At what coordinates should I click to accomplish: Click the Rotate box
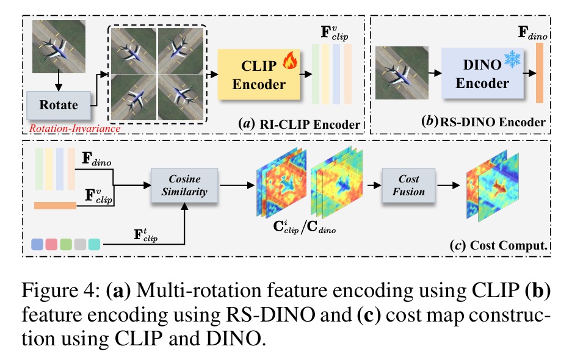pyautogui.click(x=59, y=104)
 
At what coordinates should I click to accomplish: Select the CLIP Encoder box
pyautogui.click(x=259, y=74)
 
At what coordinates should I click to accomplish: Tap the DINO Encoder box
pyautogui.click(x=482, y=74)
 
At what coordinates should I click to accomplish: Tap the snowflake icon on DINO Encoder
pyautogui.click(x=512, y=61)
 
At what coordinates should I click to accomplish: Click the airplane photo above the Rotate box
pyautogui.click(x=59, y=45)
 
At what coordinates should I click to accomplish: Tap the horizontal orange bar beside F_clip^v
pyautogui.click(x=55, y=206)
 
